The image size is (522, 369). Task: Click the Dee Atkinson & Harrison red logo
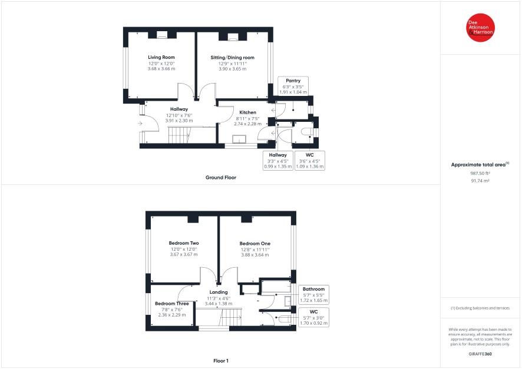pos(480,28)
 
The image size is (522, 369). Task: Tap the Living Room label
pos(161,57)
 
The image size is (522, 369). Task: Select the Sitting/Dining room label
pos(232,58)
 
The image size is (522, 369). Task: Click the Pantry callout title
pos(293,81)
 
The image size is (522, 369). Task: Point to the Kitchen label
pos(247,112)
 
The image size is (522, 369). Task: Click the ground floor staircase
pos(179,135)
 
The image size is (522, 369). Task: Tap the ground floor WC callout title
pos(309,155)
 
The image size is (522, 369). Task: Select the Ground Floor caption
pos(221,178)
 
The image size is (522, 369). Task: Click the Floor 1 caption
pos(221,361)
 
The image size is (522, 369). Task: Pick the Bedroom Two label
pos(184,243)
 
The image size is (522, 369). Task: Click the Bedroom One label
pos(255,243)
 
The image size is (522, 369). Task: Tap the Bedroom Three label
pos(172,304)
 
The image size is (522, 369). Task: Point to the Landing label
pos(219,292)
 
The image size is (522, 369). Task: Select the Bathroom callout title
pos(313,289)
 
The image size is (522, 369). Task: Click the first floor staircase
pos(218,317)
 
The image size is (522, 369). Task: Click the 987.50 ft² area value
pos(480,173)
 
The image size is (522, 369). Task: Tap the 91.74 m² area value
pos(480,181)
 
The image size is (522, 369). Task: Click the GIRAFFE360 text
pos(480,354)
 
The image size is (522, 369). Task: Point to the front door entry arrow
pos(140,124)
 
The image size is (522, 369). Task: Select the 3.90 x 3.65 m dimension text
pos(232,69)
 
